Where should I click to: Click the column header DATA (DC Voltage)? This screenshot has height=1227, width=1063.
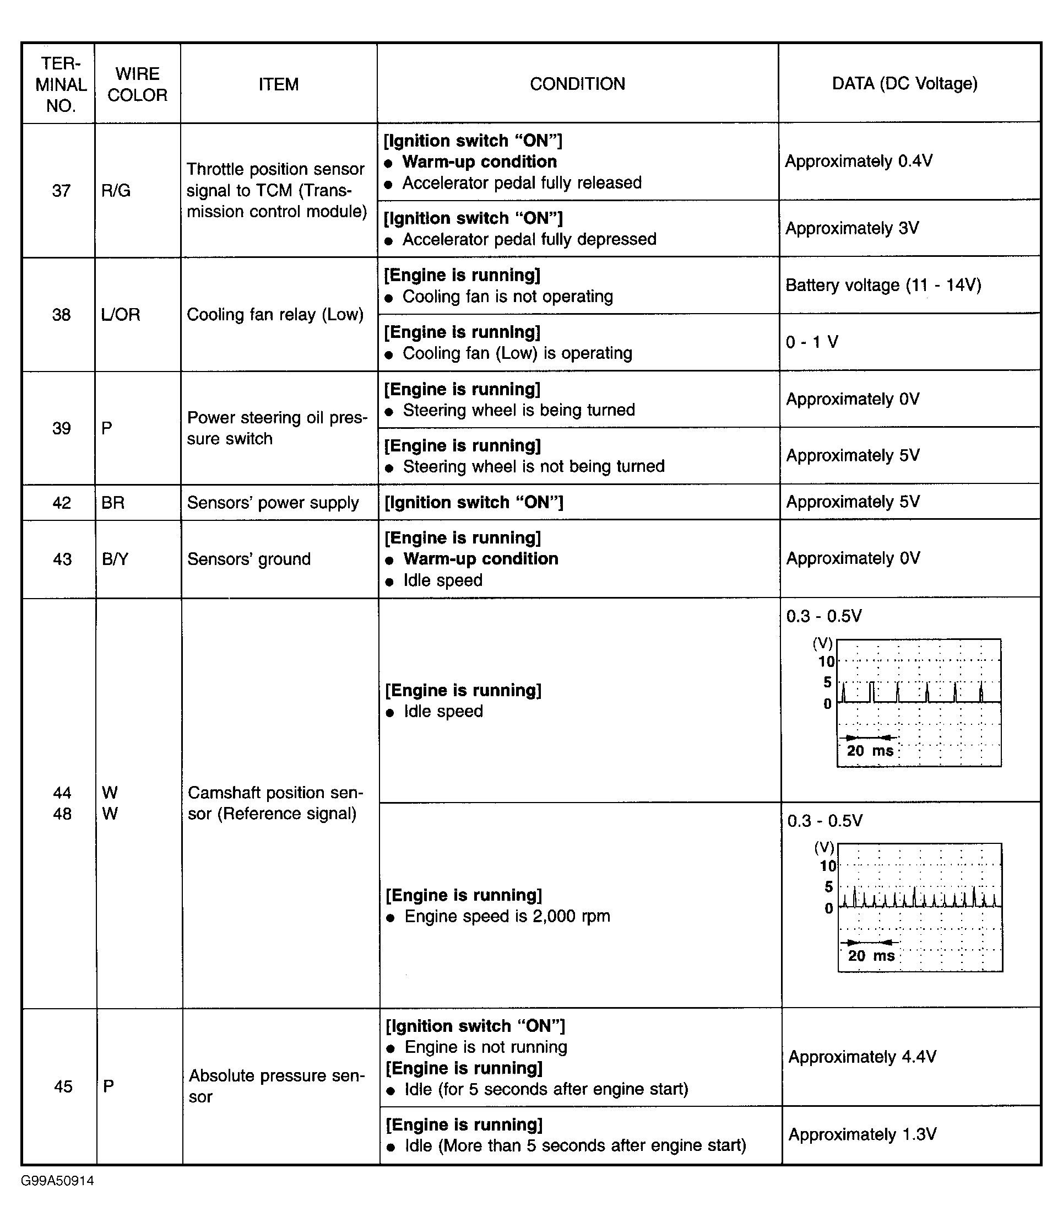(x=904, y=84)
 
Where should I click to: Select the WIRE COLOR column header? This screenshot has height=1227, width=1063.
(x=137, y=84)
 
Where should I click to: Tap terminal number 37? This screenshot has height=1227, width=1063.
(x=61, y=191)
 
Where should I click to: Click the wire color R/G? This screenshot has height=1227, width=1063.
(x=116, y=191)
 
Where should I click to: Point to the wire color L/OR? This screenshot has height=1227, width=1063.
(x=121, y=315)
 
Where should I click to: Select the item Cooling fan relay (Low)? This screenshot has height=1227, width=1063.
(x=275, y=315)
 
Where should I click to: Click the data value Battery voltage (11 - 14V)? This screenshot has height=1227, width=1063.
(x=883, y=286)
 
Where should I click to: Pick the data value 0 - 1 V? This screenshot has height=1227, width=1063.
(x=811, y=342)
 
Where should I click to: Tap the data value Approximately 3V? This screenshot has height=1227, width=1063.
(x=852, y=229)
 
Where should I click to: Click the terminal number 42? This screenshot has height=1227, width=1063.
(x=62, y=503)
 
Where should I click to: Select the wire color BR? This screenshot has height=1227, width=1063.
(x=113, y=503)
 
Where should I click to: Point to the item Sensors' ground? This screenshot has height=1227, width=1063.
(x=248, y=559)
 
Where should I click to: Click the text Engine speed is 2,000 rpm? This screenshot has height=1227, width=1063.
(x=507, y=916)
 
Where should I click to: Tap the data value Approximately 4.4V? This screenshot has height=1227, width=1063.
(x=862, y=1057)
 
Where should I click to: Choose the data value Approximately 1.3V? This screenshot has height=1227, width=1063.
(x=862, y=1134)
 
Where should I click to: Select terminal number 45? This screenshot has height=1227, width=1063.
(x=63, y=1086)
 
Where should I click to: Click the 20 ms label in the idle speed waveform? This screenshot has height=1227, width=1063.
(x=870, y=751)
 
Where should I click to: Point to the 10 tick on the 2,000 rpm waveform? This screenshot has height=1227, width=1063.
(x=827, y=866)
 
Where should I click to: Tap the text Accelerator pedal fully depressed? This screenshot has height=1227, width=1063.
(x=529, y=239)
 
